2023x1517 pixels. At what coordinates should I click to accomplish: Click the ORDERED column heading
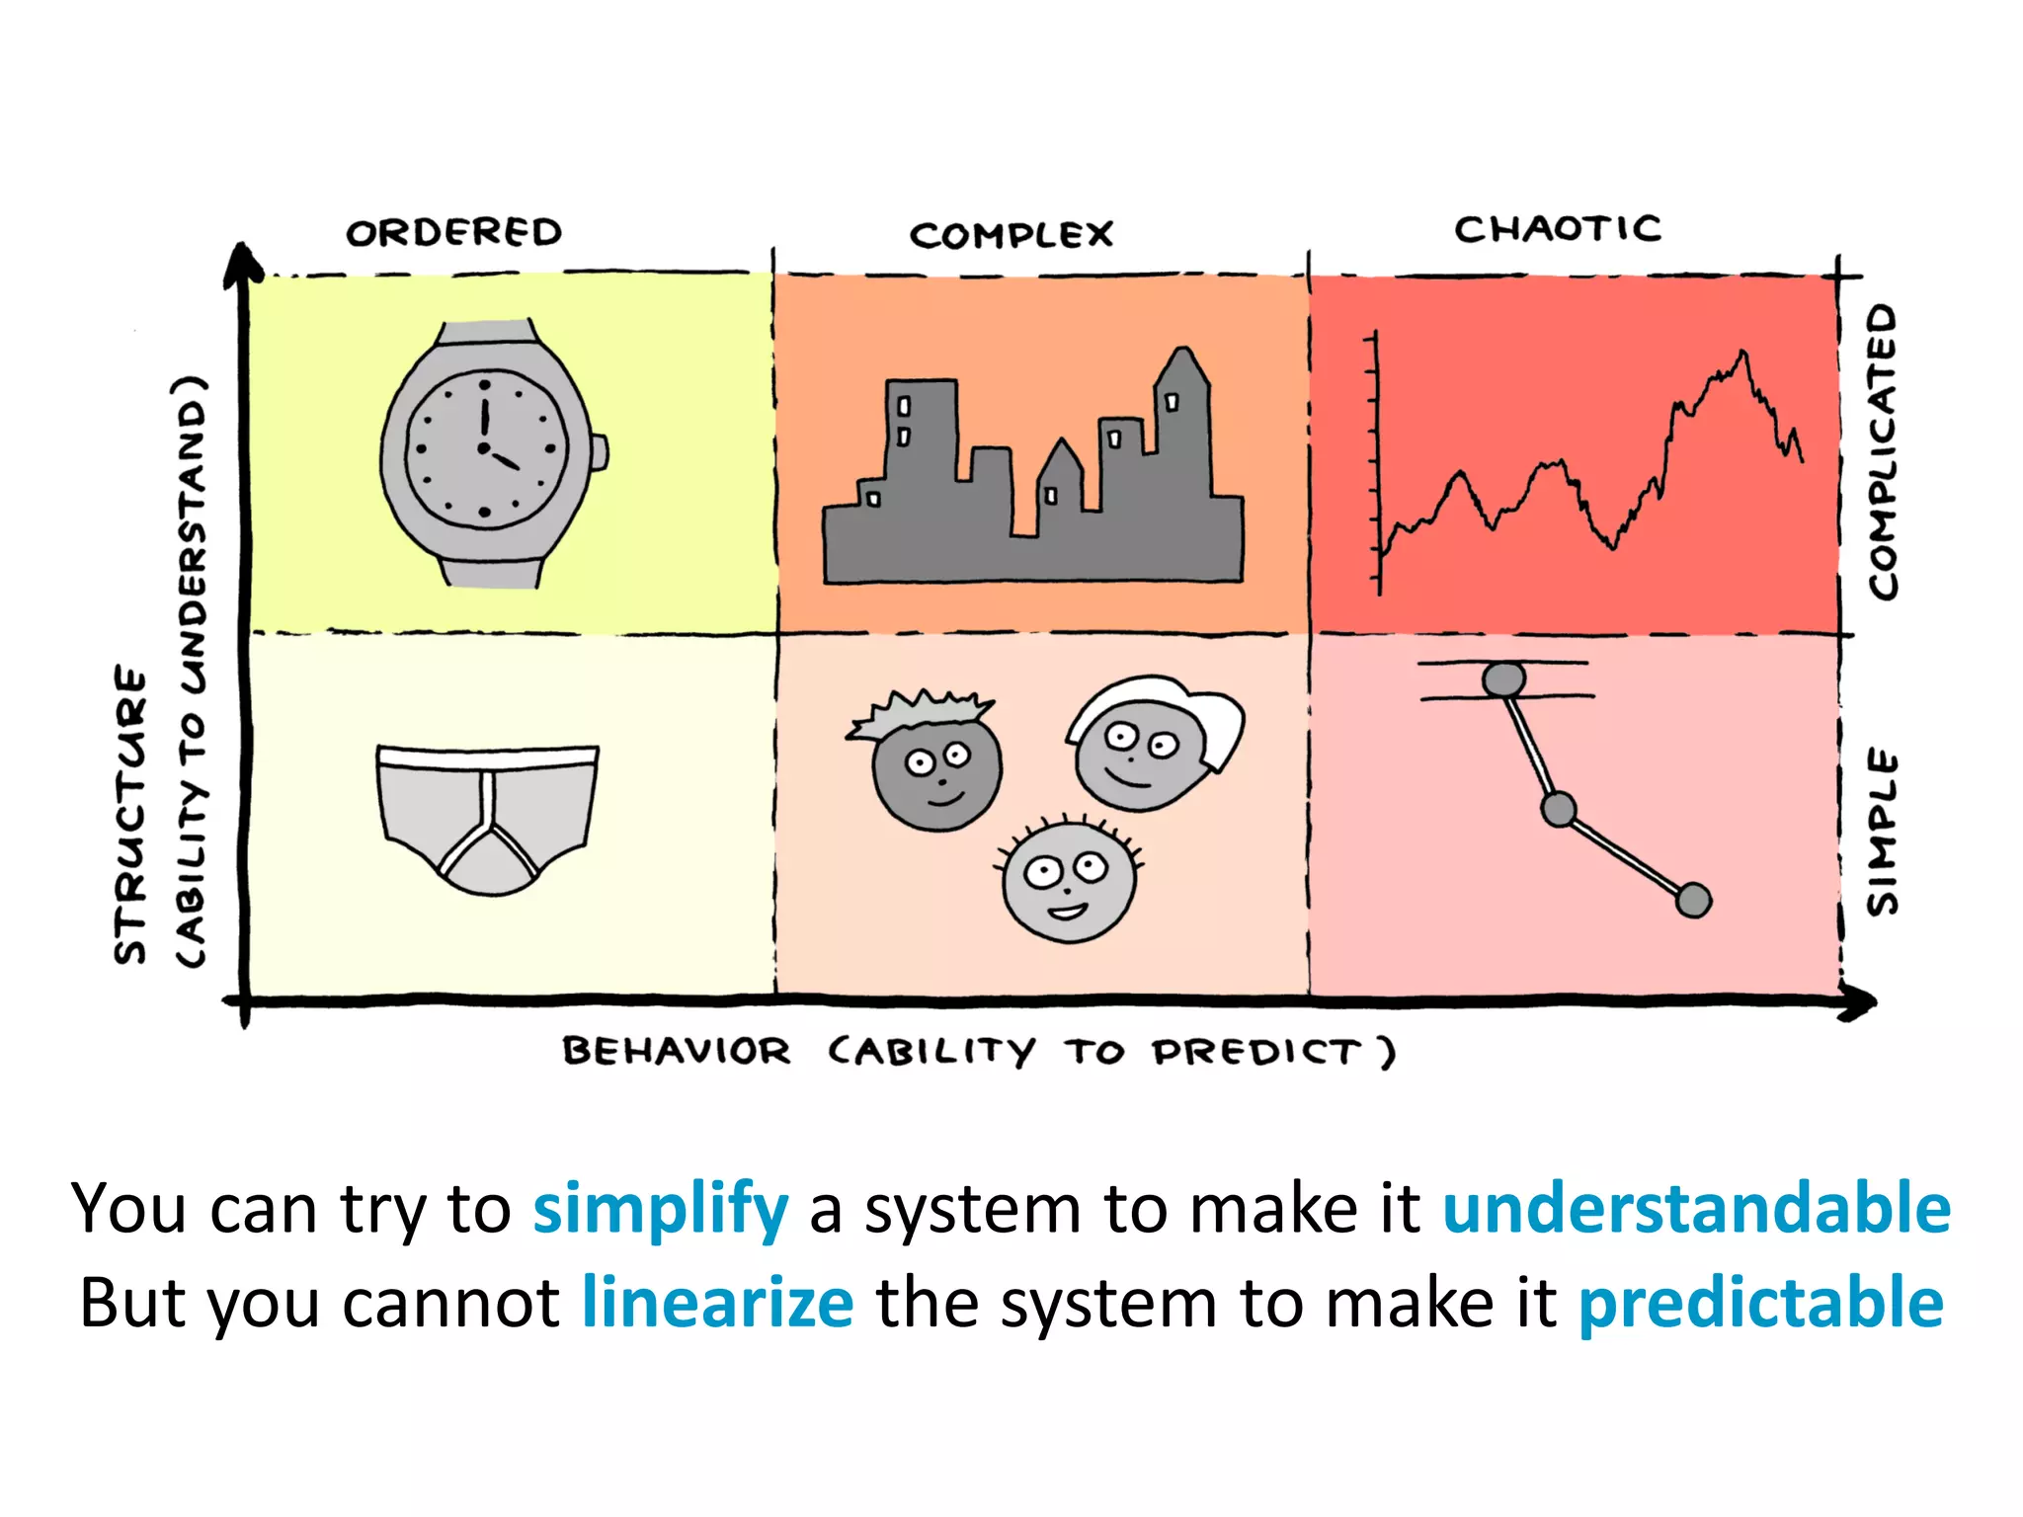tap(453, 232)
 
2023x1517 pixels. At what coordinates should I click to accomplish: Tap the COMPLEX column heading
tap(1011, 235)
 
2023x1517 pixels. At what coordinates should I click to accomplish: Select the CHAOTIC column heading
tap(1557, 229)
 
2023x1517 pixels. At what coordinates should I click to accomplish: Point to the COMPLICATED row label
tap(1883, 450)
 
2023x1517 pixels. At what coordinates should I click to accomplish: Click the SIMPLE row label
tap(1883, 832)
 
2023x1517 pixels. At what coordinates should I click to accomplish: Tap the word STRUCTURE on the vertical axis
tap(130, 814)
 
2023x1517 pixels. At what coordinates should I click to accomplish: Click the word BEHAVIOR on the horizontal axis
tap(677, 1051)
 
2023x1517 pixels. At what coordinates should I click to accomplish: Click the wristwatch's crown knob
tap(600, 452)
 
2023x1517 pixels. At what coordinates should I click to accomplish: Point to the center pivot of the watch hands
tap(483, 448)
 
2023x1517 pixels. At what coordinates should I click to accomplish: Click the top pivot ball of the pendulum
tap(1503, 679)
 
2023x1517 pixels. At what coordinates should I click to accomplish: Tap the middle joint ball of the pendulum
tap(1558, 810)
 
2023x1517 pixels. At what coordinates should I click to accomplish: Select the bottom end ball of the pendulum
tap(1693, 900)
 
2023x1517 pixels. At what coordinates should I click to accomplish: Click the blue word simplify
tap(661, 1209)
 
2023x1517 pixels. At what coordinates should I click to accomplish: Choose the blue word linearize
tap(717, 1304)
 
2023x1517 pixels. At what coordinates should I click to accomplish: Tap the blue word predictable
tap(1760, 1304)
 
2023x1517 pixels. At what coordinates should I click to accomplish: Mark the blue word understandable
tap(1696, 1209)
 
